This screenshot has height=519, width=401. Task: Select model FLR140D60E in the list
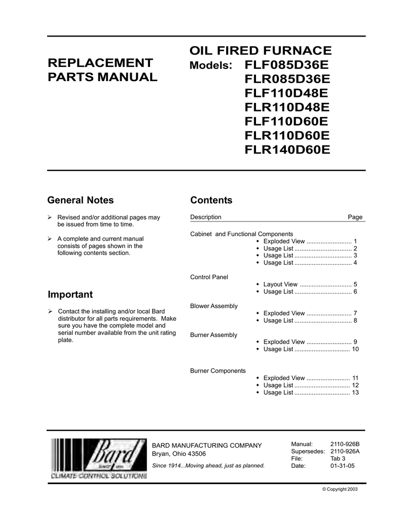287,150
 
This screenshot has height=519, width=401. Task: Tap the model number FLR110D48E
287,107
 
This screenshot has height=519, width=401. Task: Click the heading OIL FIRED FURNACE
261,51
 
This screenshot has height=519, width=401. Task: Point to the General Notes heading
80,200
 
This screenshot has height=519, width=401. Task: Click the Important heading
70,294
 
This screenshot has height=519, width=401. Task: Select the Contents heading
211,200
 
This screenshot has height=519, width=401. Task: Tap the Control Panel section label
209,277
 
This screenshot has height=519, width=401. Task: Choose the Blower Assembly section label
213,306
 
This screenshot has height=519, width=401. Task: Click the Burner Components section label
217,370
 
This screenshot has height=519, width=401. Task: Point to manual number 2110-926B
345,444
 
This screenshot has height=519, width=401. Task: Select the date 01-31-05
342,465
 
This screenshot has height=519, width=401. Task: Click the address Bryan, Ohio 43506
179,454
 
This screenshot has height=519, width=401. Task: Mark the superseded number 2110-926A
345,451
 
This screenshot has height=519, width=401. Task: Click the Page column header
355,217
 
